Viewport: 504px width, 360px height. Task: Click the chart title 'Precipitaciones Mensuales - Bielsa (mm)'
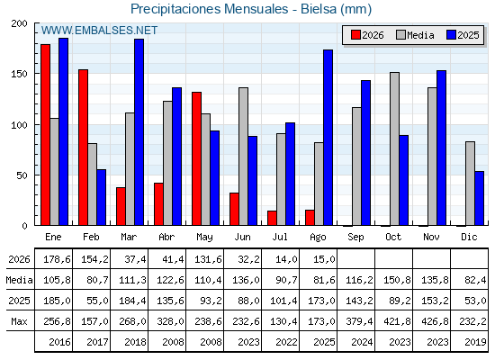(x=251, y=9)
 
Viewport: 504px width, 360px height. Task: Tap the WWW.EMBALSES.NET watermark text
(x=99, y=31)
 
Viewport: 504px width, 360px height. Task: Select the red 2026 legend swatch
(x=355, y=35)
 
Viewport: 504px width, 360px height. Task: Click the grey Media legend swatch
(x=400, y=35)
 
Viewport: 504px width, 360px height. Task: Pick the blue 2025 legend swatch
(x=451, y=35)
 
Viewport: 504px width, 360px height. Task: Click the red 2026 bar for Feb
(x=83, y=148)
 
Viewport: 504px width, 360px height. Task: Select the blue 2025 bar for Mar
(x=139, y=132)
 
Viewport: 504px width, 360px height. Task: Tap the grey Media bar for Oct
(x=394, y=148)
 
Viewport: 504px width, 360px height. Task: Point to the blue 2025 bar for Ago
(x=328, y=138)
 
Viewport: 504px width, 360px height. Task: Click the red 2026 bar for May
(x=197, y=158)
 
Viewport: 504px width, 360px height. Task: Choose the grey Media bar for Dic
(x=470, y=184)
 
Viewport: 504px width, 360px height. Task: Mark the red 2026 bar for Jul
(x=272, y=218)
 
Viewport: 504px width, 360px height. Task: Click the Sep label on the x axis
(x=355, y=238)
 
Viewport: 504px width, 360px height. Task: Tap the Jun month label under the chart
(x=242, y=238)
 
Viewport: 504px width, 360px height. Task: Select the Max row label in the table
(x=19, y=321)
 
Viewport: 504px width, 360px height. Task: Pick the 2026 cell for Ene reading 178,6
(x=57, y=259)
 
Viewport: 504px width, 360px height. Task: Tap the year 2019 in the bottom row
(x=475, y=342)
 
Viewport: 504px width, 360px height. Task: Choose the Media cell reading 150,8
(x=398, y=280)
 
